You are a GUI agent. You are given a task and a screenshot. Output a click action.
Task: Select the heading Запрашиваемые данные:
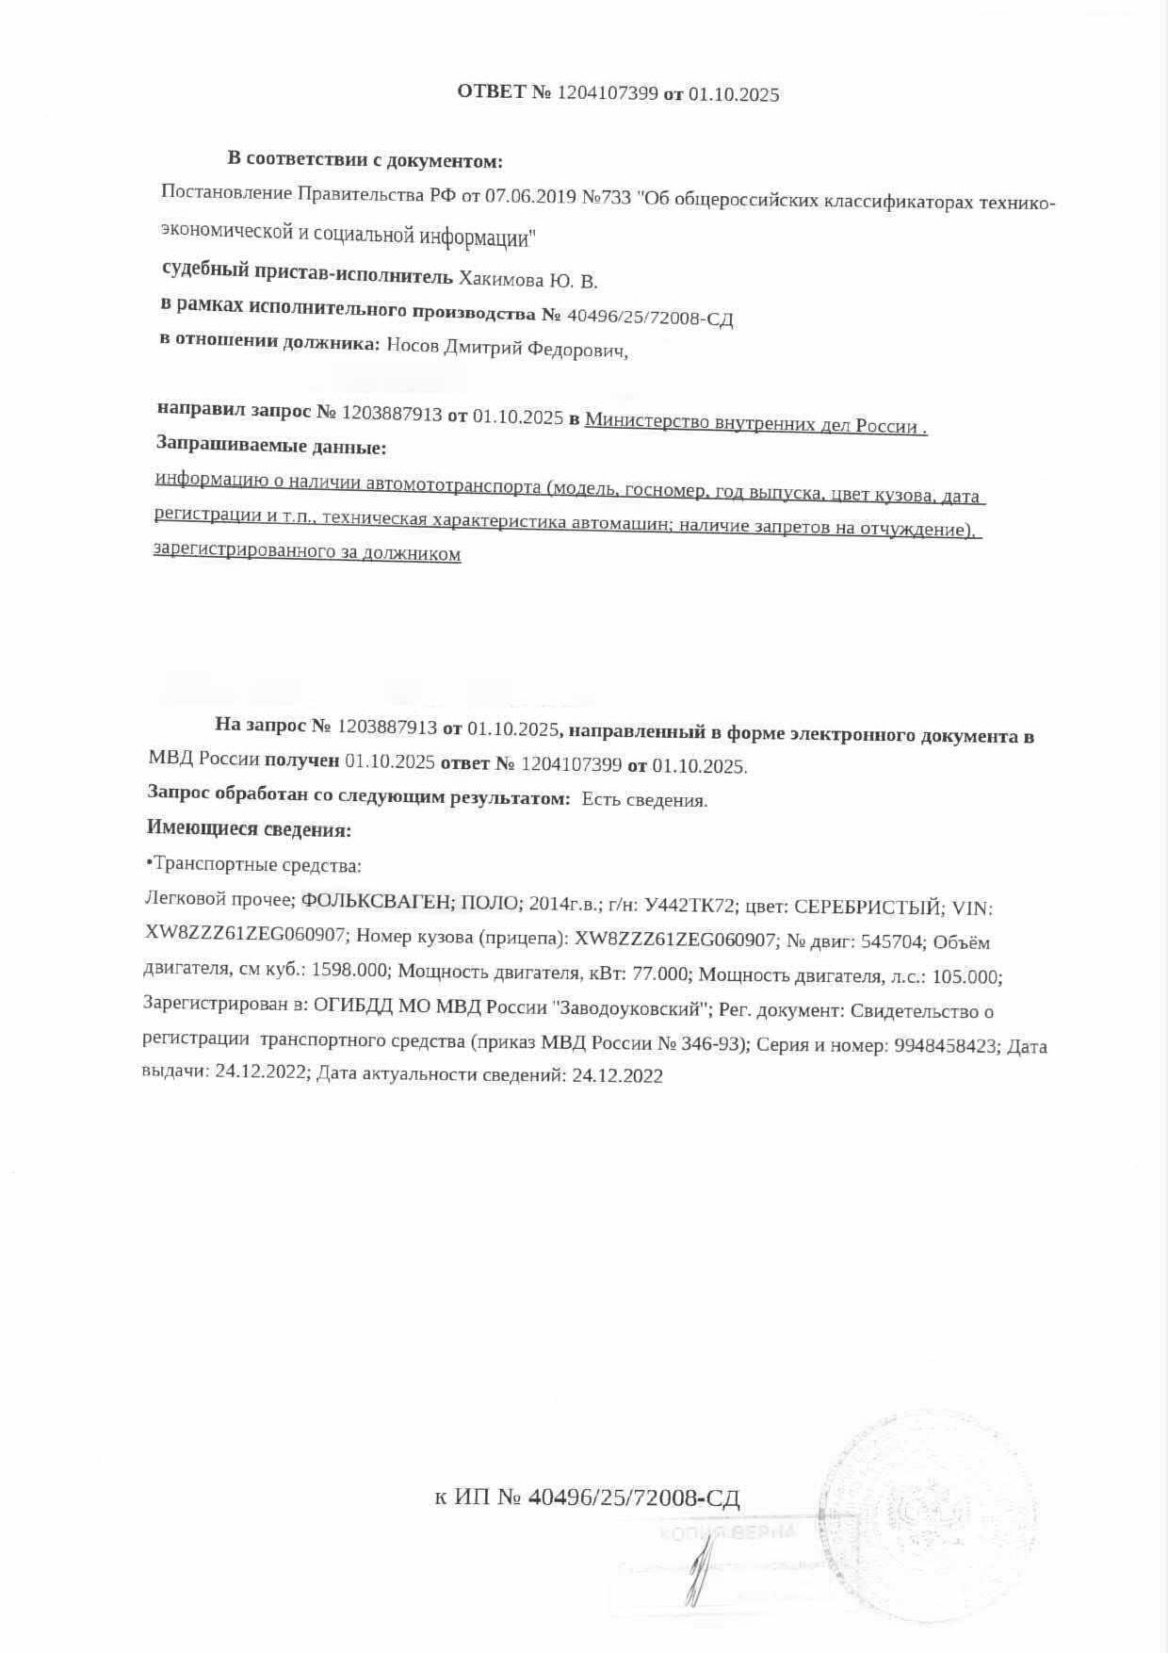pyautogui.click(x=271, y=446)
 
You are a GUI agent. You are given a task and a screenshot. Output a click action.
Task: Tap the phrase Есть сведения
pyautogui.click(x=644, y=800)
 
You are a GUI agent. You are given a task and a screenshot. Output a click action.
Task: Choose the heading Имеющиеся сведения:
pyautogui.click(x=249, y=829)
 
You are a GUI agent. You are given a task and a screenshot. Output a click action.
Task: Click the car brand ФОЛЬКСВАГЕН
pyautogui.click(x=378, y=903)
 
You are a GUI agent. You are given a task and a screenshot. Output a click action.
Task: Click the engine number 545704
pyautogui.click(x=891, y=941)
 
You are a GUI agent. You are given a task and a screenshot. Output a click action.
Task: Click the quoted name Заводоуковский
pyautogui.click(x=630, y=1008)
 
